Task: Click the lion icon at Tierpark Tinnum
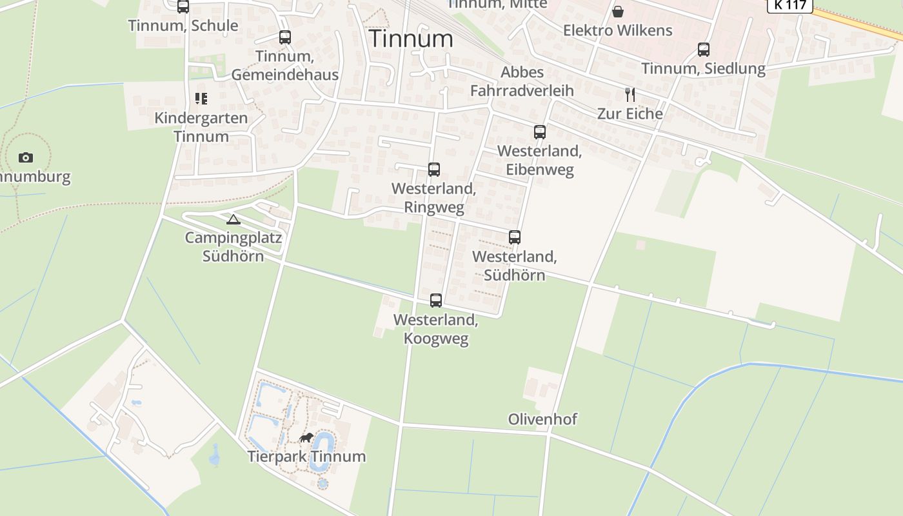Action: tap(306, 438)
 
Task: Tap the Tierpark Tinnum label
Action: tap(306, 457)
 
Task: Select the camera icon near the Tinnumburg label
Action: tap(26, 157)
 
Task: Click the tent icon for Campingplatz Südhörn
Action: tap(233, 219)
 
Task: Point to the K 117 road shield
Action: tap(789, 5)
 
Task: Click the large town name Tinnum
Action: tap(411, 39)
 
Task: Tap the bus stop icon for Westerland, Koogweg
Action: tap(436, 301)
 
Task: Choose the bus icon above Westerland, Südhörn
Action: tap(514, 237)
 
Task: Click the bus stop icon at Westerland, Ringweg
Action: tap(434, 170)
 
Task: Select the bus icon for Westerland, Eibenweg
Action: tap(540, 132)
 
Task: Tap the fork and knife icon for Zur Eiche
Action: tap(630, 95)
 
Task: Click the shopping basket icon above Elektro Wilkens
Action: tap(618, 12)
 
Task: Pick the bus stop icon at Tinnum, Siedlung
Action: tap(703, 50)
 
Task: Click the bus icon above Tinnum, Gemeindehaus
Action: tap(284, 37)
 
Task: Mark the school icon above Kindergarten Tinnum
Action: tap(201, 99)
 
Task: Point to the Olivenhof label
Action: tap(542, 419)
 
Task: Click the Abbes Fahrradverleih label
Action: tap(522, 81)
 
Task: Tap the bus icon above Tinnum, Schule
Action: tap(183, 6)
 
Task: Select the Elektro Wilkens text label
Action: tap(617, 30)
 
